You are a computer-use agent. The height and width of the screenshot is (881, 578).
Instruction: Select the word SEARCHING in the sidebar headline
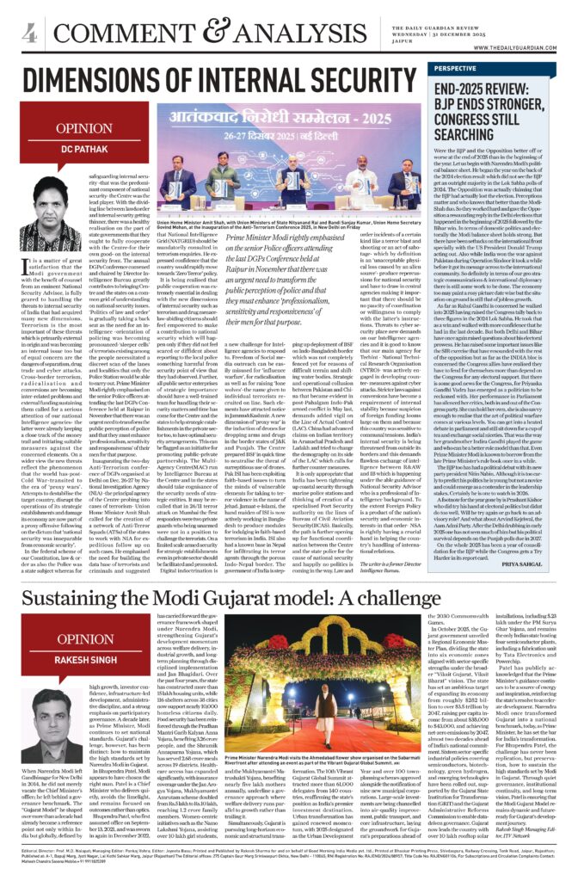coord(479,135)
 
